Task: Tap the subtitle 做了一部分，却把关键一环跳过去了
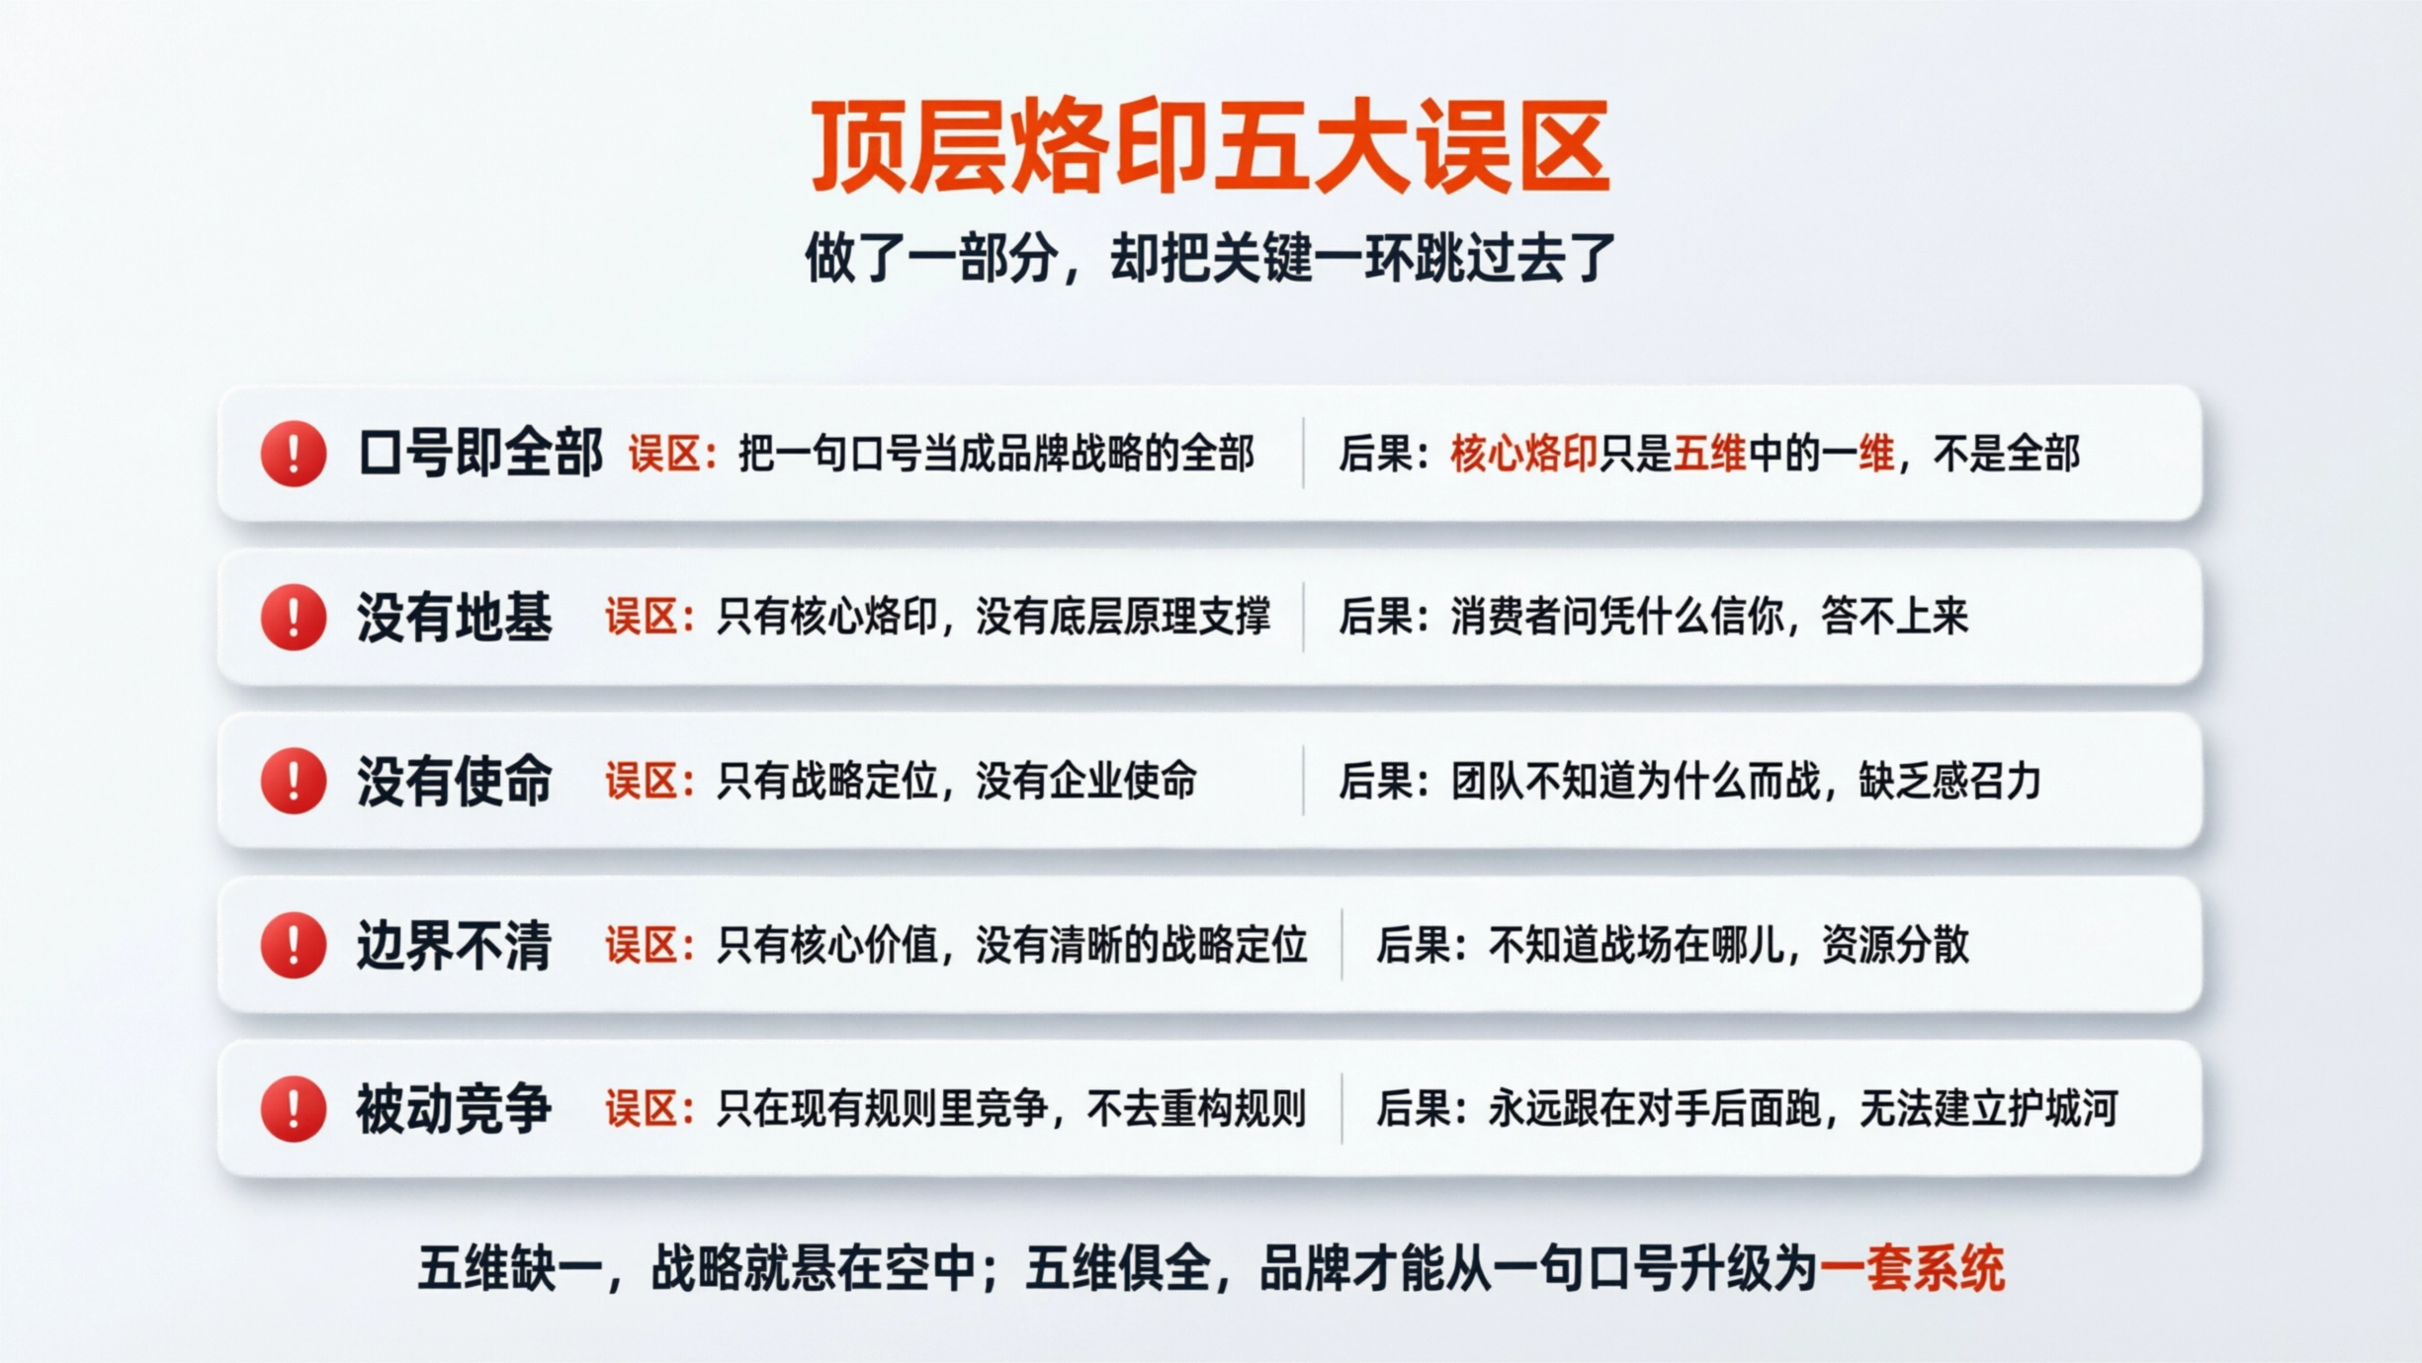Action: (x=1210, y=258)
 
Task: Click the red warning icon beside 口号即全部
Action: (x=294, y=454)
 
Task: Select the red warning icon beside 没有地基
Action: (x=294, y=618)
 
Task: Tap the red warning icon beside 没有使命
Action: (x=294, y=781)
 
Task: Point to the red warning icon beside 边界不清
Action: (x=294, y=945)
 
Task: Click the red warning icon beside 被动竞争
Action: (x=294, y=1109)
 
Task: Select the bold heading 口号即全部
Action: (x=480, y=454)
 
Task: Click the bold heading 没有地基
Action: (x=455, y=618)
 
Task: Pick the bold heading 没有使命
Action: (x=455, y=781)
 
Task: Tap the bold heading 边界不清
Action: (x=455, y=945)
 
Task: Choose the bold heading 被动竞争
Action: (x=455, y=1109)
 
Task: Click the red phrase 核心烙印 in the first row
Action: (x=1523, y=455)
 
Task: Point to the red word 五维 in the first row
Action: (x=1709, y=455)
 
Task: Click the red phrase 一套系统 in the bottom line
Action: (x=1912, y=1269)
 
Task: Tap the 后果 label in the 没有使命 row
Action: (x=1376, y=782)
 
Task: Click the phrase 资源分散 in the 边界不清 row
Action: (x=1895, y=945)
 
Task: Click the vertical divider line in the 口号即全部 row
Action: (x=1303, y=454)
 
